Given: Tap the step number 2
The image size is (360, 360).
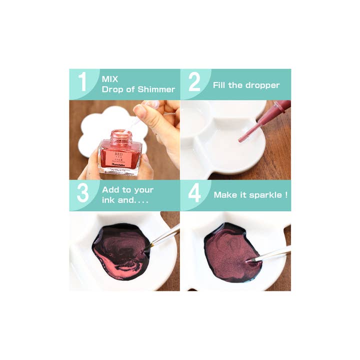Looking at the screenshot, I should pos(194,83).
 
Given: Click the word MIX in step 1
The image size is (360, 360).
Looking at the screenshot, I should pos(110,78).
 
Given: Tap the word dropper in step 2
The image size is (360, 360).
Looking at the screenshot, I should pos(262,85).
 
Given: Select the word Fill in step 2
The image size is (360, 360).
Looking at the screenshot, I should pos(220,85).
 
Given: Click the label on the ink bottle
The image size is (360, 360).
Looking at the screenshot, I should pos(119,157).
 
